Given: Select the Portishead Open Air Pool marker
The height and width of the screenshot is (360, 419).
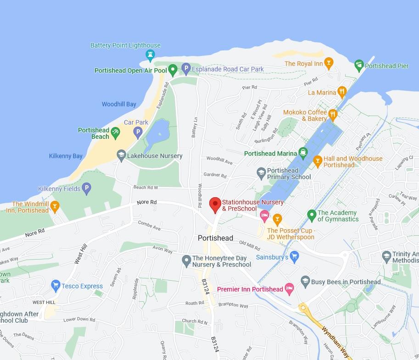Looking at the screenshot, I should point(173,70).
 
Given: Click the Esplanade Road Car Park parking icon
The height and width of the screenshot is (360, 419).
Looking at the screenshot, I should point(186,69).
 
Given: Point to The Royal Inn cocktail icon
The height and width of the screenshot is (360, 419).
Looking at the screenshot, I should point(328,63).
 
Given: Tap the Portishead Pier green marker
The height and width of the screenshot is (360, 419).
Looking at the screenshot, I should point(359,66).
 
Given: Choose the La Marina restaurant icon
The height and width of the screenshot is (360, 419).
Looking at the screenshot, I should point(342,92).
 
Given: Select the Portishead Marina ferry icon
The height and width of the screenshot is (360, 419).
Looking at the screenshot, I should point(302,153).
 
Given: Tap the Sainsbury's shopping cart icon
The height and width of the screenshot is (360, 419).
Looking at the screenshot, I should point(294,257).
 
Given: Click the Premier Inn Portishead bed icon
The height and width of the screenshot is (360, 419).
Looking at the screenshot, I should point(289,289).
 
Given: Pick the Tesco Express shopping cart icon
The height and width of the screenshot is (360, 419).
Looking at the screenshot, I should point(56,286).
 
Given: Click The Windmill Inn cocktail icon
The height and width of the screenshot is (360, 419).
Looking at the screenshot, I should point(55,206).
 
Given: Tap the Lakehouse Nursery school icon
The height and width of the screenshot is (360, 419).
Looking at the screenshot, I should point(121,155).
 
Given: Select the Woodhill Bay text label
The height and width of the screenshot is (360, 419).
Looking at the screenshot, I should point(119,104).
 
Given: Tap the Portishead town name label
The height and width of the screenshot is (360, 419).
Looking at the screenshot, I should point(215,238).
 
